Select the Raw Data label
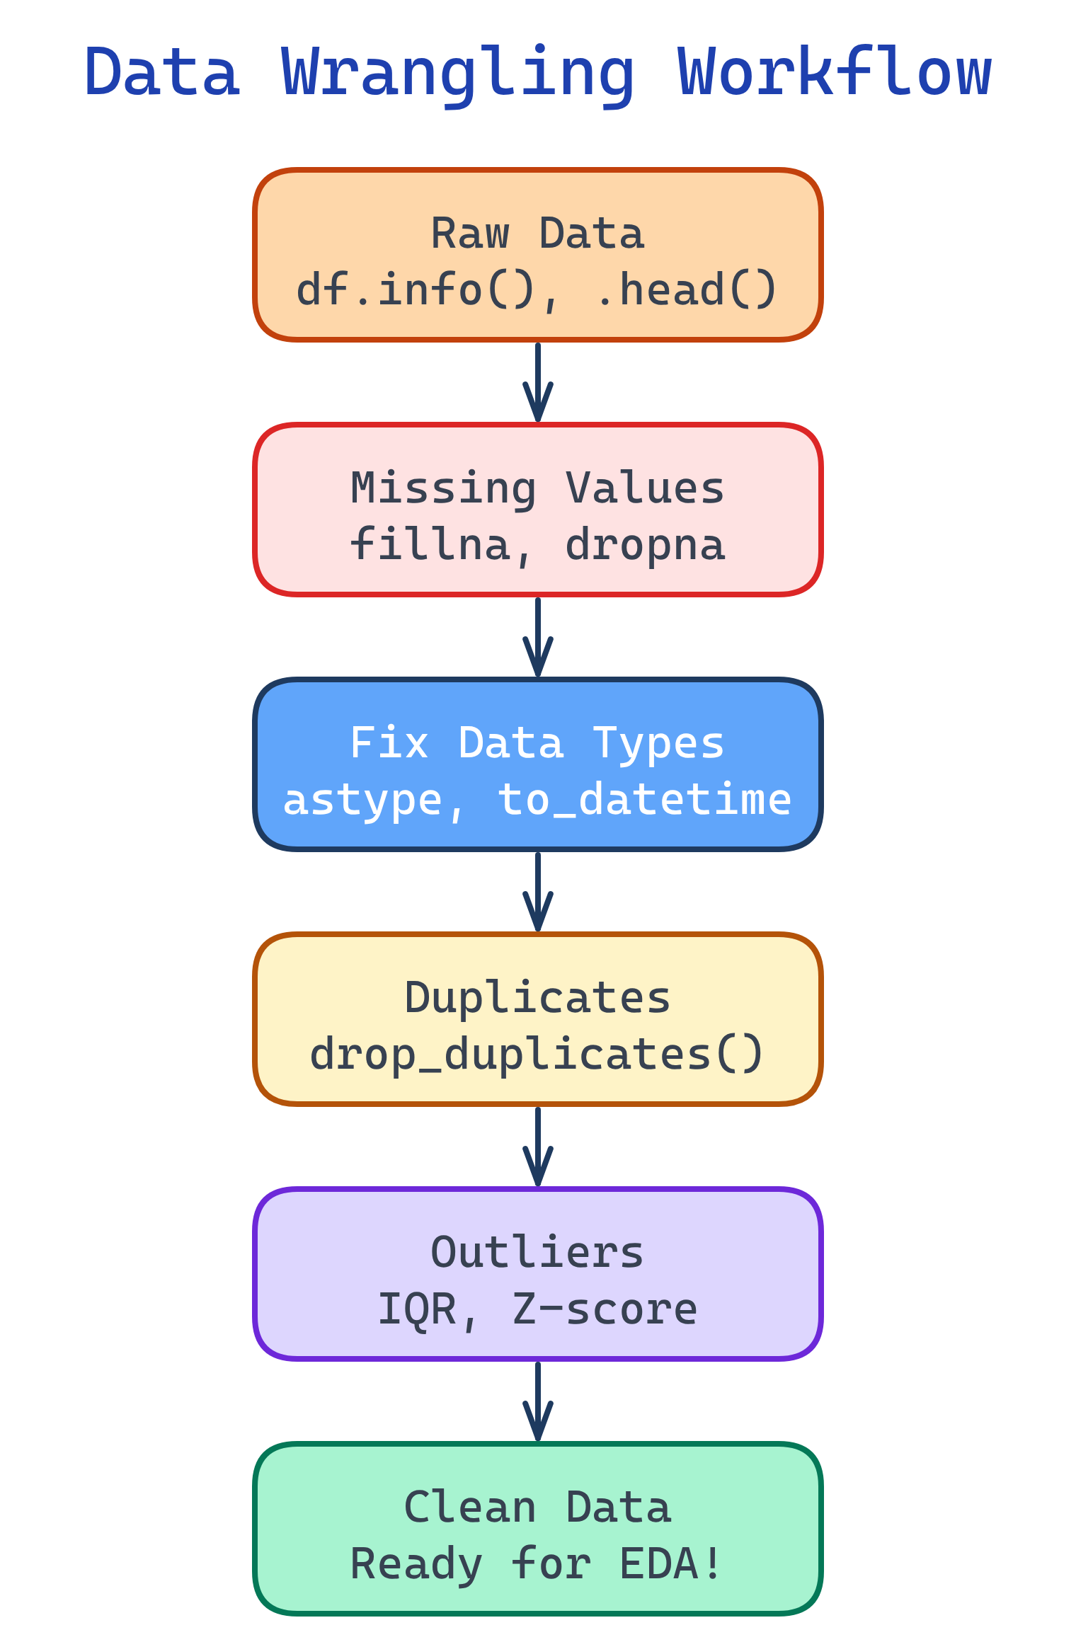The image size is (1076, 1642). pos(538,234)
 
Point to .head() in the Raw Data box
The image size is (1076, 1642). pos(687,290)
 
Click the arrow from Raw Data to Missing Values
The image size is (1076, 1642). pos(538,382)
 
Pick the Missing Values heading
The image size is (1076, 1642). pos(538,488)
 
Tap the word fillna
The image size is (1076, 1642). pos(430,545)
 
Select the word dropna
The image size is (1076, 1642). pos(646,545)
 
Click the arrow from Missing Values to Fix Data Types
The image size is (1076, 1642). pos(538,637)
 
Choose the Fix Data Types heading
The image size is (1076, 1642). pos(538,743)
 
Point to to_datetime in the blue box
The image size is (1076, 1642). pos(644,800)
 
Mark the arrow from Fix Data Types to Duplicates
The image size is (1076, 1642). pos(538,892)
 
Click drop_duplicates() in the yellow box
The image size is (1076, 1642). pos(538,1055)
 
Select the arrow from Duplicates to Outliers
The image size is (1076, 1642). pos(538,1147)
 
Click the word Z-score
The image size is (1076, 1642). pos(605,1309)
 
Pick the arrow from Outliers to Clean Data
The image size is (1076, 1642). pos(538,1401)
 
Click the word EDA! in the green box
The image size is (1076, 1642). pos(671,1564)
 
